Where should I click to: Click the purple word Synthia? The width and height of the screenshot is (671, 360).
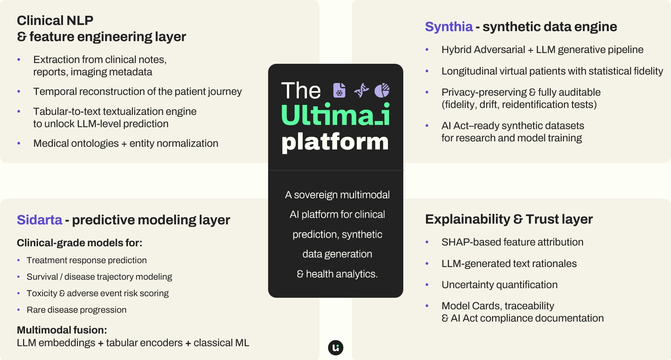[x=449, y=27]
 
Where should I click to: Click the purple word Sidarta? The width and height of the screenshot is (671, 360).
[x=40, y=220]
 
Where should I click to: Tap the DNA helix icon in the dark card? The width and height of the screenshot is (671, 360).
[x=361, y=90]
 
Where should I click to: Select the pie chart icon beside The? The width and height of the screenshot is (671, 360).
[x=382, y=90]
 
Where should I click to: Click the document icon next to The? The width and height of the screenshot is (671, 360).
[x=339, y=90]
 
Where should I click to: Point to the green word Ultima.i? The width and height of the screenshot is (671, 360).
[x=335, y=115]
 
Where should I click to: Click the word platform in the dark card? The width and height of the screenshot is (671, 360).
[x=335, y=142]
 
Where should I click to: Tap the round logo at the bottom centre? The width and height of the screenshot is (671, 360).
[x=336, y=348]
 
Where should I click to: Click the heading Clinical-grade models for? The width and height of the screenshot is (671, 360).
[x=80, y=243]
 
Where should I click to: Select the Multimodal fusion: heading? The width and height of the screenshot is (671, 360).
[x=62, y=330]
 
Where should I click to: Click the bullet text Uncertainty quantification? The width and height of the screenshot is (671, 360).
[x=499, y=285]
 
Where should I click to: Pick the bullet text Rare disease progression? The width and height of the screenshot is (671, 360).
[x=76, y=310]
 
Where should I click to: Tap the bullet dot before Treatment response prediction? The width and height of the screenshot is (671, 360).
[x=18, y=260]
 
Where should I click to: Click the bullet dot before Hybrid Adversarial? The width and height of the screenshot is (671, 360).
[x=427, y=50]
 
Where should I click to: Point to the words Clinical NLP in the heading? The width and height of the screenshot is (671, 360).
[x=55, y=20]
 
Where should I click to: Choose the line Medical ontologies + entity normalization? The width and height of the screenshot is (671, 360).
[x=126, y=143]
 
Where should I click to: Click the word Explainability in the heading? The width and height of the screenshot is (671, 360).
[x=467, y=219]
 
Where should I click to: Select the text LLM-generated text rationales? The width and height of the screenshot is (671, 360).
[x=509, y=264]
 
